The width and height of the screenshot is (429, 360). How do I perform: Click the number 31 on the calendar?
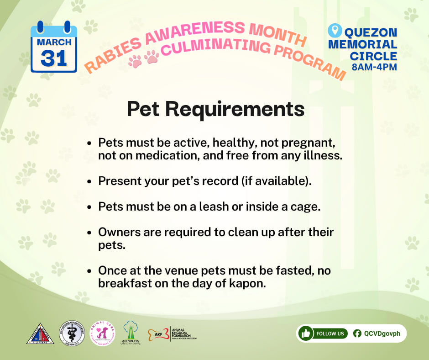[53, 58]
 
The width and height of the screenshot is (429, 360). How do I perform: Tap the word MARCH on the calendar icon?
[54, 42]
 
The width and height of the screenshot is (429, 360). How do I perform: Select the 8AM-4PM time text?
[374, 68]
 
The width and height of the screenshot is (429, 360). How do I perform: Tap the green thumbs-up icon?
[305, 334]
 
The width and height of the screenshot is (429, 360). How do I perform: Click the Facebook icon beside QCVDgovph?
[357, 334]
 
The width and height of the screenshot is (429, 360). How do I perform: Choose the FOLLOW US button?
[330, 334]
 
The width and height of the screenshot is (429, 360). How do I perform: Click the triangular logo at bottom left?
[40, 333]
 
